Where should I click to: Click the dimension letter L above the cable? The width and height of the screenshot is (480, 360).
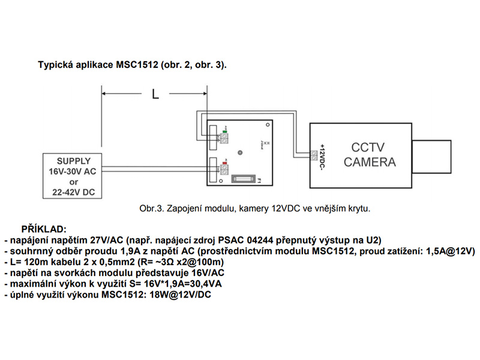(x=155, y=94)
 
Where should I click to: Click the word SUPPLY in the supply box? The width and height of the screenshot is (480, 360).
(x=73, y=161)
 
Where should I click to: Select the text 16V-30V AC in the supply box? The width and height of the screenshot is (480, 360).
(x=73, y=171)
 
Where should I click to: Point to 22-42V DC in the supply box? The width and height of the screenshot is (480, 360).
(x=73, y=192)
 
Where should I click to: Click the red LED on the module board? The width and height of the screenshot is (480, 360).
(x=224, y=163)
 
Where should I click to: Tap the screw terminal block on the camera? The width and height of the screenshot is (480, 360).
(x=315, y=156)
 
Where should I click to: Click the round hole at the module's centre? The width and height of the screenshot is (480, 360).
(x=239, y=152)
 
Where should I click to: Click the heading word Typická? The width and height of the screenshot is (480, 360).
(x=57, y=64)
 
